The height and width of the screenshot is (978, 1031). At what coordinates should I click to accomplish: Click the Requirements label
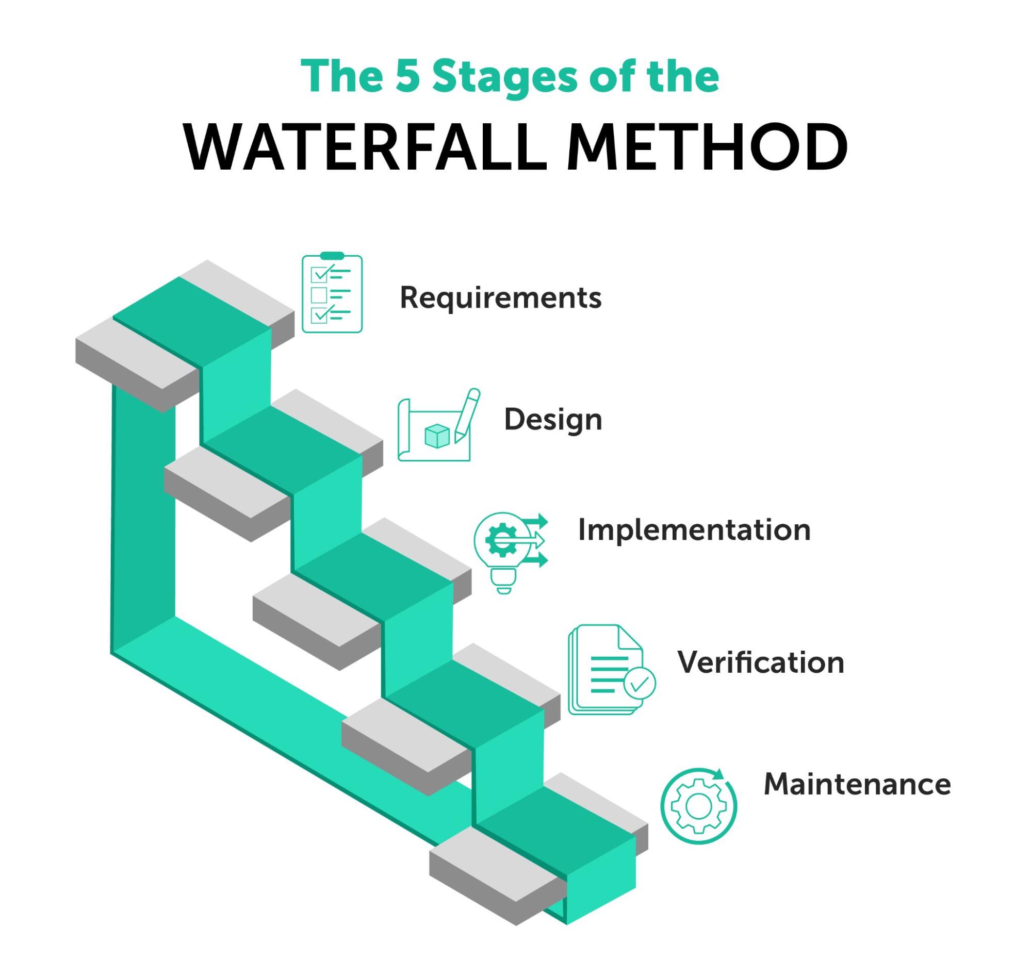pos(500,298)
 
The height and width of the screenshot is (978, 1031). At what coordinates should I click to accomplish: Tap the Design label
pos(552,420)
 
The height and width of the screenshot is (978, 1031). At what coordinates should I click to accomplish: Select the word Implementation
pos(694,530)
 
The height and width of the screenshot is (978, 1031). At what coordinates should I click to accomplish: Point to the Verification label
pos(760,662)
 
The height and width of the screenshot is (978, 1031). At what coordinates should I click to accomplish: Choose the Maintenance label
pos(857,784)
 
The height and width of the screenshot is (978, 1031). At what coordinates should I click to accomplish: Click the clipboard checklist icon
pos(332,293)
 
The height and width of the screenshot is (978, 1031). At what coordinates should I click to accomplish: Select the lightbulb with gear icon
pos(509,552)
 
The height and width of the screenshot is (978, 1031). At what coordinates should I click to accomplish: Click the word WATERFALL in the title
pos(365,147)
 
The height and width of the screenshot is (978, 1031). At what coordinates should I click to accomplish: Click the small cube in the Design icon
pos(436,436)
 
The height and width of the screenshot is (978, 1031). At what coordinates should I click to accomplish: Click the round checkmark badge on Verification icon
pos(640,684)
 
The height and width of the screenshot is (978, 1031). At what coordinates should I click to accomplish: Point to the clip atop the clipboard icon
pos(332,255)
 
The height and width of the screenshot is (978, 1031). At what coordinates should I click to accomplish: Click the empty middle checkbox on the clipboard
pos(318,294)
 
